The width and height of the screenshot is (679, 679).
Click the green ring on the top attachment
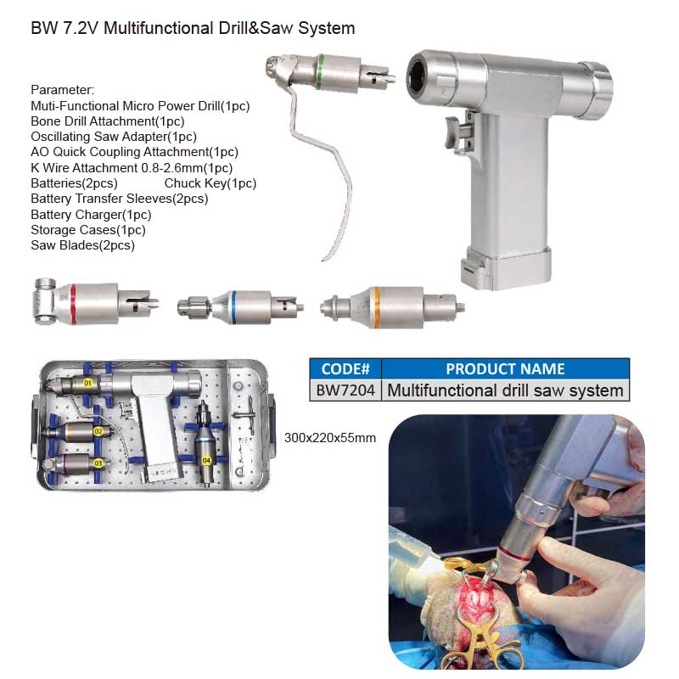[x=321, y=71]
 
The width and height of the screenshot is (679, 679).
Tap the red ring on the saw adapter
[x=73, y=304]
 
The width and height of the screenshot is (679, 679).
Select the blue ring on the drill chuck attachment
[x=234, y=307]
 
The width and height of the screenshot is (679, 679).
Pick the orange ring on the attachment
[x=377, y=307]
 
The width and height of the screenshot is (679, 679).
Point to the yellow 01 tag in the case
[x=88, y=383]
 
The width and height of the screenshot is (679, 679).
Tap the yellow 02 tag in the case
[x=98, y=431]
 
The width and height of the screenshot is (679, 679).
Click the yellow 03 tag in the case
[x=98, y=463]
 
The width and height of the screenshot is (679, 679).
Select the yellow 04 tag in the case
[x=206, y=460]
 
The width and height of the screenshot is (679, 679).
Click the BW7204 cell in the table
[x=345, y=390]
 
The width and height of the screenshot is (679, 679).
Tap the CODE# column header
[x=345, y=369]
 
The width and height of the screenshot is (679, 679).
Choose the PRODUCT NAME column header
[x=505, y=369]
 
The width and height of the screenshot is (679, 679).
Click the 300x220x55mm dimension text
[x=330, y=438]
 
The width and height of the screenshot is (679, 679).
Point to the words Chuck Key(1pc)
[x=210, y=183]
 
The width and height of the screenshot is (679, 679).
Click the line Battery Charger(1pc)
[x=91, y=215]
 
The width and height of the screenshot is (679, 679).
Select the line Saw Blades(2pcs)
[x=82, y=245]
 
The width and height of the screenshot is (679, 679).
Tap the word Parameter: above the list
[x=62, y=90]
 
